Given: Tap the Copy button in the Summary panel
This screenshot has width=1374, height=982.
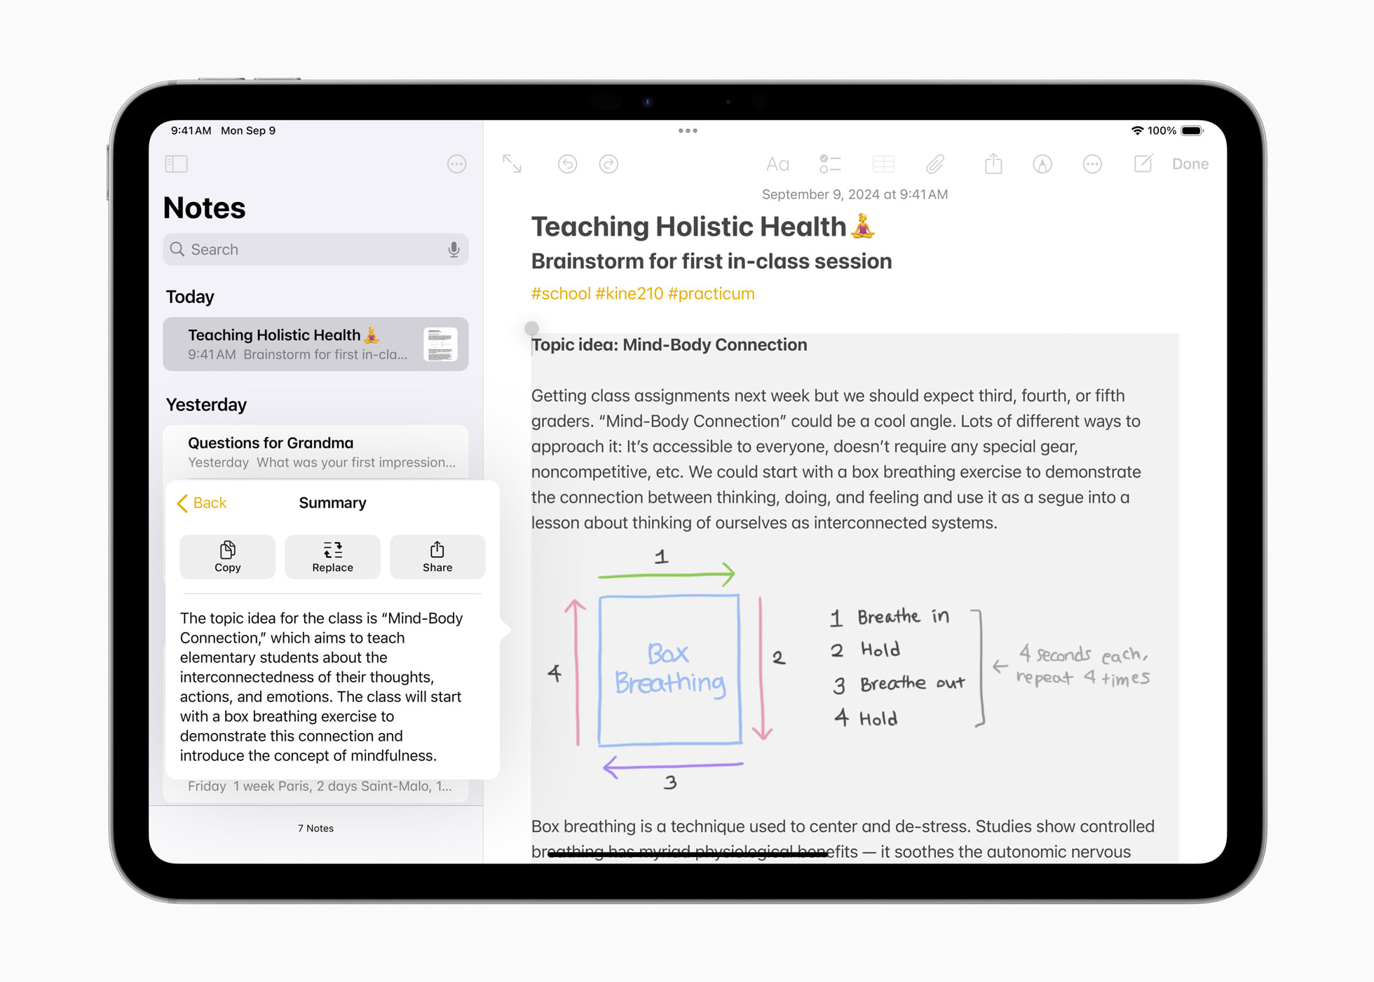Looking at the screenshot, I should (227, 557).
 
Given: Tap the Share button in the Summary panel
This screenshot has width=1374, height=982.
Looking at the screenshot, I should (437, 557).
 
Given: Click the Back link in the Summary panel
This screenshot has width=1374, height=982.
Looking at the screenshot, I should (202, 503).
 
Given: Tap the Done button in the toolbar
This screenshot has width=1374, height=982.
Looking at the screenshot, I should (1190, 164).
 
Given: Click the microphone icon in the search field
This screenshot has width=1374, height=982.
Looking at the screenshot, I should (454, 250).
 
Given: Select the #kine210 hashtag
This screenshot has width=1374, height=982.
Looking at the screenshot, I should (629, 294).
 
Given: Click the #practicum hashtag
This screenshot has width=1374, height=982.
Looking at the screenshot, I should (711, 294).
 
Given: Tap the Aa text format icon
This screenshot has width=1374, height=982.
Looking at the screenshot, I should (777, 165).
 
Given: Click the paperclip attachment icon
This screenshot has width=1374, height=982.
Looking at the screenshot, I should (935, 165).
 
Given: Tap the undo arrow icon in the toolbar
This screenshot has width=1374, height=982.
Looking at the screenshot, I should (567, 164).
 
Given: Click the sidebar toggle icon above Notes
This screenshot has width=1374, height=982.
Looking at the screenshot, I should (176, 164).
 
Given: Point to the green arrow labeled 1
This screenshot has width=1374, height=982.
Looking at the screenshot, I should (666, 574).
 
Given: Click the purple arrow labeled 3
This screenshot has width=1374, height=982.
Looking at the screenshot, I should (673, 766).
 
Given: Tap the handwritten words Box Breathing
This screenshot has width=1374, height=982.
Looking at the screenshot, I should (669, 669).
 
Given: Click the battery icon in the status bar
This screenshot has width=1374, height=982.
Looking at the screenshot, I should (1192, 130).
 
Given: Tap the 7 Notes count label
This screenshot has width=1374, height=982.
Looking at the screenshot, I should (315, 828).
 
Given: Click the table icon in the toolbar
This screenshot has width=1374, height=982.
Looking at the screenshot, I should (883, 165).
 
